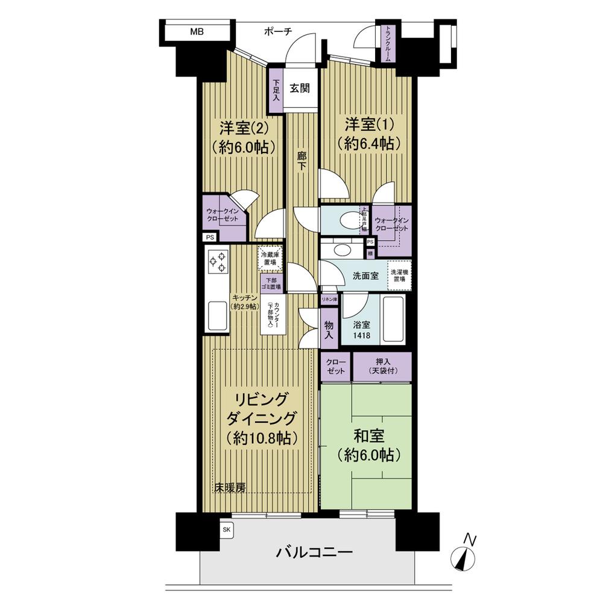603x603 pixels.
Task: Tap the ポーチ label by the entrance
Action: point(278,31)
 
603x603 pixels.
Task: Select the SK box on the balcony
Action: point(227,529)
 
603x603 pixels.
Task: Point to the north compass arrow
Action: point(466,554)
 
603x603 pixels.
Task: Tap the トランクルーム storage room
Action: point(387,44)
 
